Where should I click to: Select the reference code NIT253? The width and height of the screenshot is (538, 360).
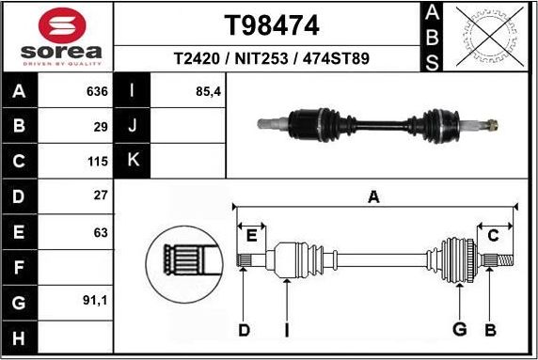tap(270, 58)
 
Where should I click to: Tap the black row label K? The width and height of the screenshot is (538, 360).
tap(133, 161)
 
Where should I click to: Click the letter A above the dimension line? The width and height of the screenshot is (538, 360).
tap(374, 197)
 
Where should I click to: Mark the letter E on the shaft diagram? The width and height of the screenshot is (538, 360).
tap(250, 234)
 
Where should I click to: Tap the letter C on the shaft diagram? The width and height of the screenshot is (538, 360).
tap(493, 234)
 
